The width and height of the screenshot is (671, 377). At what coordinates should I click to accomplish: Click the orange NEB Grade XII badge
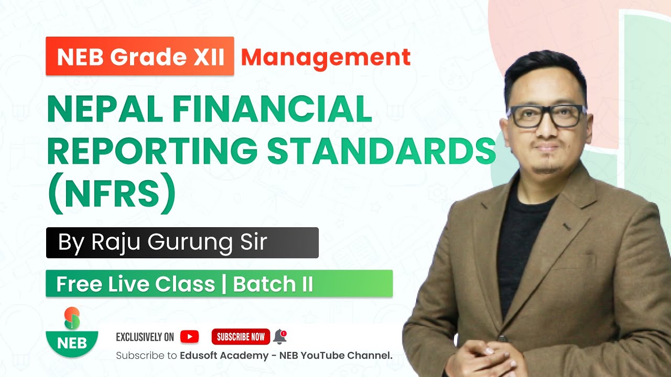coord(140,56)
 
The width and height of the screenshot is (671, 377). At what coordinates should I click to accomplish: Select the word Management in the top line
coord(326,57)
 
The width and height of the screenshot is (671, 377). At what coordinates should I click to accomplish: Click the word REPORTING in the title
coord(152,150)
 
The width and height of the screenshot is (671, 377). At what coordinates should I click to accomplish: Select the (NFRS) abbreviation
coord(112,192)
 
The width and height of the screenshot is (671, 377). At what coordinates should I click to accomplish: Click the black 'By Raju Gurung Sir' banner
coord(182,242)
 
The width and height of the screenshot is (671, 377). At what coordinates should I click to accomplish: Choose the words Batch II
coord(273,284)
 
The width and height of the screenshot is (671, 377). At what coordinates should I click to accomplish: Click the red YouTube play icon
coord(189,337)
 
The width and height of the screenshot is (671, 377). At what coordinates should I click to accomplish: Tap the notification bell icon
coord(280,336)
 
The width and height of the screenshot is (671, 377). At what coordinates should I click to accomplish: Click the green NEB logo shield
coord(72,342)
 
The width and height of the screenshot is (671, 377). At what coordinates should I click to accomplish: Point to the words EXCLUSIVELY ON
coord(145,337)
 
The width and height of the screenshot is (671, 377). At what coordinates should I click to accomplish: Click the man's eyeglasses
coord(546,116)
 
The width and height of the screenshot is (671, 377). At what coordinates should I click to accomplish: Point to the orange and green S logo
coord(72,318)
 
